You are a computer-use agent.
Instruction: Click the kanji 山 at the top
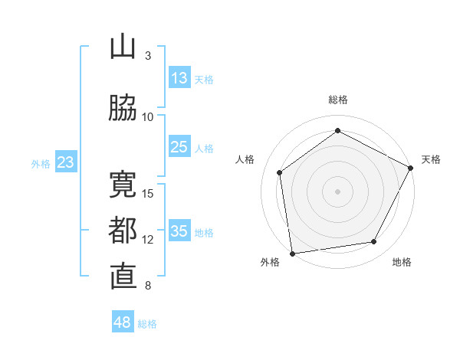coord(123,47)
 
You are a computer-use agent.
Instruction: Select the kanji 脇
coord(123,109)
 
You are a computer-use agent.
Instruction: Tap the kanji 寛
coord(123,185)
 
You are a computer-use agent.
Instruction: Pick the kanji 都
coord(123,231)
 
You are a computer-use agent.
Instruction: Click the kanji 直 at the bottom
coord(123,277)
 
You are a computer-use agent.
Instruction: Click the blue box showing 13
coord(179,78)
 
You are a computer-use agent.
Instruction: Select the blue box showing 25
coord(179,147)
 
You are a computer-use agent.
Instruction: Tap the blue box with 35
coord(179,231)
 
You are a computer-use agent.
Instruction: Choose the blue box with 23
coord(65,162)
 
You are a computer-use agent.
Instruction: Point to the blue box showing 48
coord(122,322)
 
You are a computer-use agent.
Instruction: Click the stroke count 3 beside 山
coord(148,56)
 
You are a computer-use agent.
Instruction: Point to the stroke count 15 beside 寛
coord(149,193)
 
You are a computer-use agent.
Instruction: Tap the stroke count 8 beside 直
coord(148,286)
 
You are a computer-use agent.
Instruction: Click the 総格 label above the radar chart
coord(338,100)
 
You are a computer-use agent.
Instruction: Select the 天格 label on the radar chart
coord(431,159)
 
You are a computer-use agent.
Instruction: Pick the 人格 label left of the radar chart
coord(245,159)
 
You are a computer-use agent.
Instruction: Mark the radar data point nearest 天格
coord(411,167)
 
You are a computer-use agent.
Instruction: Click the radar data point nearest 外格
coord(292,253)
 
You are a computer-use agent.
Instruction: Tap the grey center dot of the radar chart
coord(337,191)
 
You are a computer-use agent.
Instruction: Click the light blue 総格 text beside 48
coord(147,324)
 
